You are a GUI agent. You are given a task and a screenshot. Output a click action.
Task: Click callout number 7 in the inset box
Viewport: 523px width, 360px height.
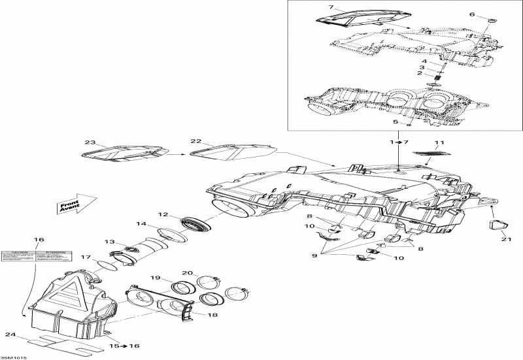coord(331,7)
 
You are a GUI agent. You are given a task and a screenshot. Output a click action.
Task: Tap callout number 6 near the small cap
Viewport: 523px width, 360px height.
coord(490,14)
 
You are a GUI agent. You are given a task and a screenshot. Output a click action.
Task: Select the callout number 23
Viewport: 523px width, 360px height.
coord(90,142)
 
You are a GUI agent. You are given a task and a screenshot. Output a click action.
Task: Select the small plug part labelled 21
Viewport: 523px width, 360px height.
coord(499,226)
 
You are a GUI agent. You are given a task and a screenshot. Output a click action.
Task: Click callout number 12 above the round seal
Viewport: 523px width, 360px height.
coord(163,214)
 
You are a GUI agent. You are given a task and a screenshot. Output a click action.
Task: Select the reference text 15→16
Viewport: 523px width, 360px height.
coord(124,346)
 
